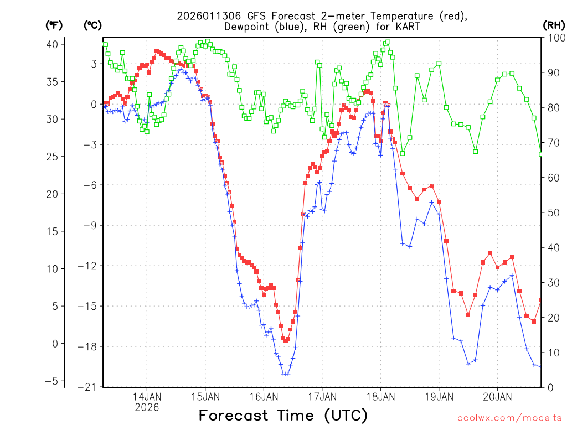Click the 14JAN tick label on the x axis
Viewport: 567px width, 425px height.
[147, 396]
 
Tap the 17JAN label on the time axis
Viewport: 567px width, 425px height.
[322, 396]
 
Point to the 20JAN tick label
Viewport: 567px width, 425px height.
[497, 396]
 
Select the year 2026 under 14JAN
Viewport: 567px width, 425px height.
[147, 407]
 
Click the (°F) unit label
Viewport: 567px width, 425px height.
[54, 25]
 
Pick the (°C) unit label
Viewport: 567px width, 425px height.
[92, 25]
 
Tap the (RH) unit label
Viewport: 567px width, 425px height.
[554, 25]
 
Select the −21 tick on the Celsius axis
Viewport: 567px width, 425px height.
[91, 387]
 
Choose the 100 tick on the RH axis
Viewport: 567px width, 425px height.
[554, 38]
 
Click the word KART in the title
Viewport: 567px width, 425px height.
[407, 27]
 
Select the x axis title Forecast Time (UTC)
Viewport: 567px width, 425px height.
[283, 415]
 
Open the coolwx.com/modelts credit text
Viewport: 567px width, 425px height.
[509, 418]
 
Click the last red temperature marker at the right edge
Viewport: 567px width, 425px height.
[541, 300]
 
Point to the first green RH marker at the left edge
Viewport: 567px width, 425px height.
[105, 45]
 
